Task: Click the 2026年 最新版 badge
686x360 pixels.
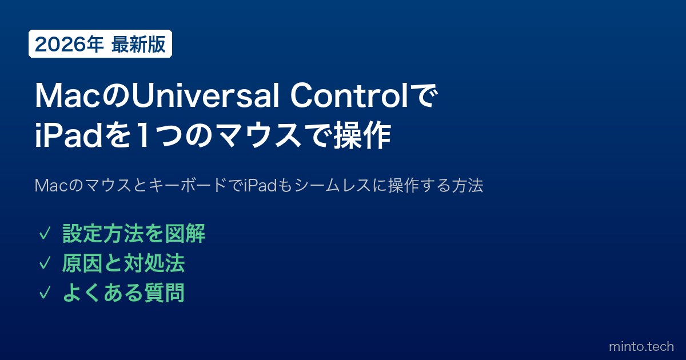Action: coord(100,44)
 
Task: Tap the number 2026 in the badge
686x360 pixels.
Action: coord(60,44)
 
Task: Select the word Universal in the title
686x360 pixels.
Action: coord(205,96)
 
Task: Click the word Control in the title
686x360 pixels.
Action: coord(349,96)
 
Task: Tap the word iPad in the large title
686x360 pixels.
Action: coord(68,135)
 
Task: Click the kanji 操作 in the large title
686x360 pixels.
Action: coord(362,135)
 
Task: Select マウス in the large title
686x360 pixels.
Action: coord(260,135)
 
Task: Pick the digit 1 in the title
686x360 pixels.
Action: coord(143,135)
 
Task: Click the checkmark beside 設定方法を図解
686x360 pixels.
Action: coord(45,234)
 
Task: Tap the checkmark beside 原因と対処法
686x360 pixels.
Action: coord(45,263)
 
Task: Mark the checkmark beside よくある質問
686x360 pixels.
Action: coord(45,293)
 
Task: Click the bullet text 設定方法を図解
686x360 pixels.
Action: coord(134,234)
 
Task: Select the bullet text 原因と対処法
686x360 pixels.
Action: coord(123,263)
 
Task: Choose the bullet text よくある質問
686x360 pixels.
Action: coord(123,293)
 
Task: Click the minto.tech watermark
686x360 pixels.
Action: coord(641,346)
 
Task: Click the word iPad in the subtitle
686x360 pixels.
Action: coord(260,186)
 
